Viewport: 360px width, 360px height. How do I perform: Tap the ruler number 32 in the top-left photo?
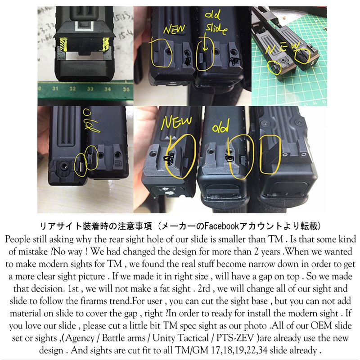click(x=72, y=89)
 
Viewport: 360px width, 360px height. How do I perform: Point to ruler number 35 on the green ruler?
click(x=126, y=89)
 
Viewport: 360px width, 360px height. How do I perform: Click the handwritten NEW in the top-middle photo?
click(x=174, y=29)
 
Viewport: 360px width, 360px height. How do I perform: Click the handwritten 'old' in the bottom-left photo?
click(x=91, y=121)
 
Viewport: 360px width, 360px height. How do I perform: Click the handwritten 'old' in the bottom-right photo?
click(x=220, y=126)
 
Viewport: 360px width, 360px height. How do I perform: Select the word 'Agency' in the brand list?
click(x=80, y=338)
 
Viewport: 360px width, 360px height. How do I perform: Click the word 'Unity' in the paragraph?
click(x=164, y=338)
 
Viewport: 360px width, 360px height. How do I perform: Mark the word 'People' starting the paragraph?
click(x=18, y=239)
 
